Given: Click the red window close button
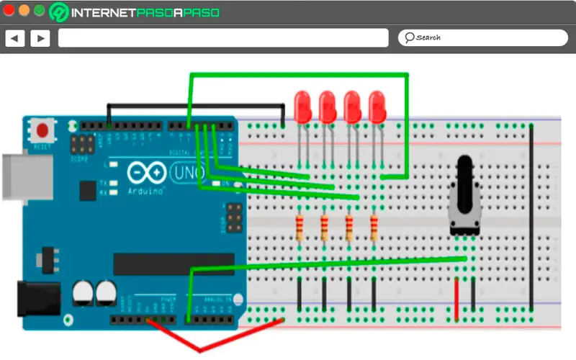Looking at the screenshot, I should [10, 11].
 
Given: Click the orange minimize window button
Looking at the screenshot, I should [24, 11].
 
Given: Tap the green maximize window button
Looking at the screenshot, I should [39, 11].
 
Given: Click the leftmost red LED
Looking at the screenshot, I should [303, 106].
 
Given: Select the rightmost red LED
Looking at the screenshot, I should [377, 106].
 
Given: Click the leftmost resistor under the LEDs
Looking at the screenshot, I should [300, 228].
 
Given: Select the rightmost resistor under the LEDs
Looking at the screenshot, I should [374, 228].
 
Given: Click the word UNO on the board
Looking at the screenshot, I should [186, 173].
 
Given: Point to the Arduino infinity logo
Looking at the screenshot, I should [146, 174].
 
